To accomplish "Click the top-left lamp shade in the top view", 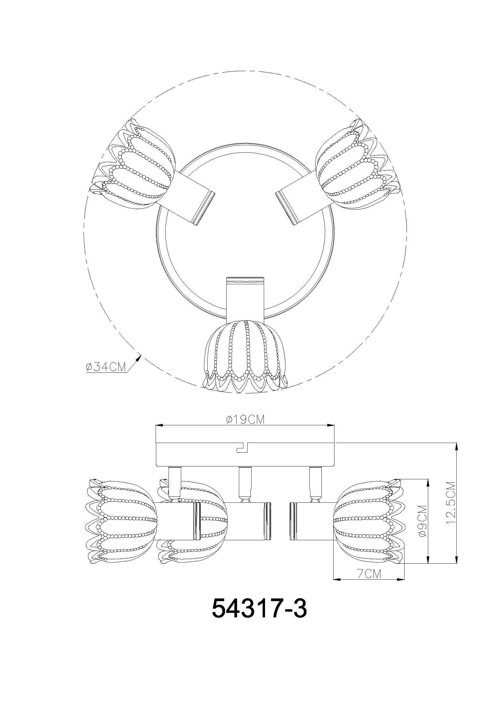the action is point(133,165).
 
